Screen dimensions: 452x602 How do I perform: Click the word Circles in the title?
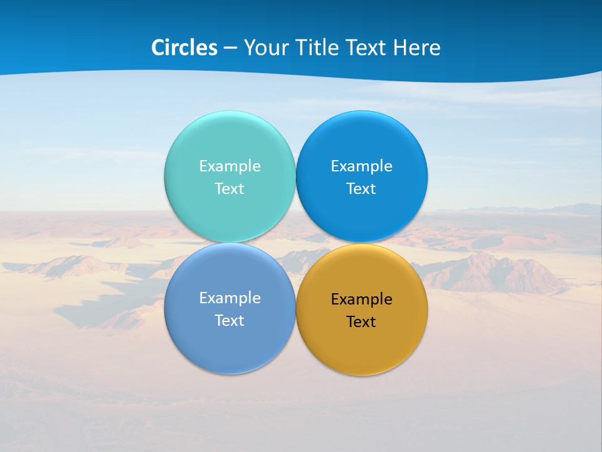(x=184, y=48)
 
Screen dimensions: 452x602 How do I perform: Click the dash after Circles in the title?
(x=230, y=48)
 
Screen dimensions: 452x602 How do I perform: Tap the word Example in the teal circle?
(x=230, y=166)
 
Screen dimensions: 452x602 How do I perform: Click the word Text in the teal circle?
(x=230, y=188)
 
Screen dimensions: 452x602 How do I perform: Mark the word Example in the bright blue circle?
(x=362, y=166)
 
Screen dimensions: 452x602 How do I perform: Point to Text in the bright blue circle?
(x=362, y=188)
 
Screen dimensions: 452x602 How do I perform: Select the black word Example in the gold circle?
(x=362, y=299)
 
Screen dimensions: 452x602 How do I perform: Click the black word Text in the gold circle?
(x=362, y=322)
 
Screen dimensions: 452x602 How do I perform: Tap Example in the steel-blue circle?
(x=230, y=298)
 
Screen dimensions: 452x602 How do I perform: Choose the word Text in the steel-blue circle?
(x=230, y=321)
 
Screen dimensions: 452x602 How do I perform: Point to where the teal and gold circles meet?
(x=295, y=242)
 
